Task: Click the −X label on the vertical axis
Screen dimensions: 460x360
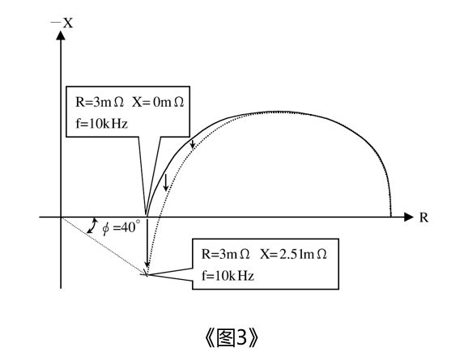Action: point(62,23)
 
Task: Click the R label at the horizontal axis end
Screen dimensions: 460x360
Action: point(424,218)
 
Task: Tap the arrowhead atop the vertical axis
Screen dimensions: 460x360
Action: point(61,35)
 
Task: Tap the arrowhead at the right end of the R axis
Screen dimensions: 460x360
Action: point(409,218)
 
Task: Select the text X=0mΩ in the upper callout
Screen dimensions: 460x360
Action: point(158,102)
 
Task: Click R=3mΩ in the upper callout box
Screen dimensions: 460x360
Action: point(100,102)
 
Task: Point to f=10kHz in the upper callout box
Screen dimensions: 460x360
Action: point(102,124)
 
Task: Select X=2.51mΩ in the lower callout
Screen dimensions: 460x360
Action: point(293,254)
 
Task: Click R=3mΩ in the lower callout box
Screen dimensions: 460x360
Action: point(226,254)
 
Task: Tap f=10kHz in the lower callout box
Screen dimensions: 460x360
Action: point(228,276)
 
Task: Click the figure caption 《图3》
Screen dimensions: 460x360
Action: point(231,338)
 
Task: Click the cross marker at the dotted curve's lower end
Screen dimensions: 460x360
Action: point(146,274)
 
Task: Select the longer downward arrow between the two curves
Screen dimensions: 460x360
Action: point(166,183)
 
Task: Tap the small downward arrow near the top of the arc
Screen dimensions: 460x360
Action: point(193,143)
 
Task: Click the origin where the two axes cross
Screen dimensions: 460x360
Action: point(61,218)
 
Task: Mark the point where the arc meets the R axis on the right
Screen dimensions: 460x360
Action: point(391,217)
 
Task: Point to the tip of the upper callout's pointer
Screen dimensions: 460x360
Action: point(146,216)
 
